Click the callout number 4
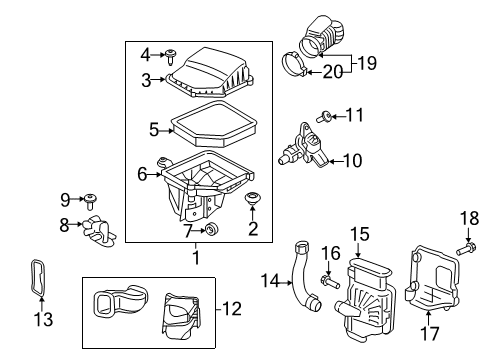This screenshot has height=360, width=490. [x=144, y=53]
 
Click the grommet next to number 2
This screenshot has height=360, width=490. [x=253, y=205]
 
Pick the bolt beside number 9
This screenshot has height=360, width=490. [x=89, y=198]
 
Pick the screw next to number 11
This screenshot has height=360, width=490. [x=326, y=117]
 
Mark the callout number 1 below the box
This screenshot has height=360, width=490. [x=196, y=256]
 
